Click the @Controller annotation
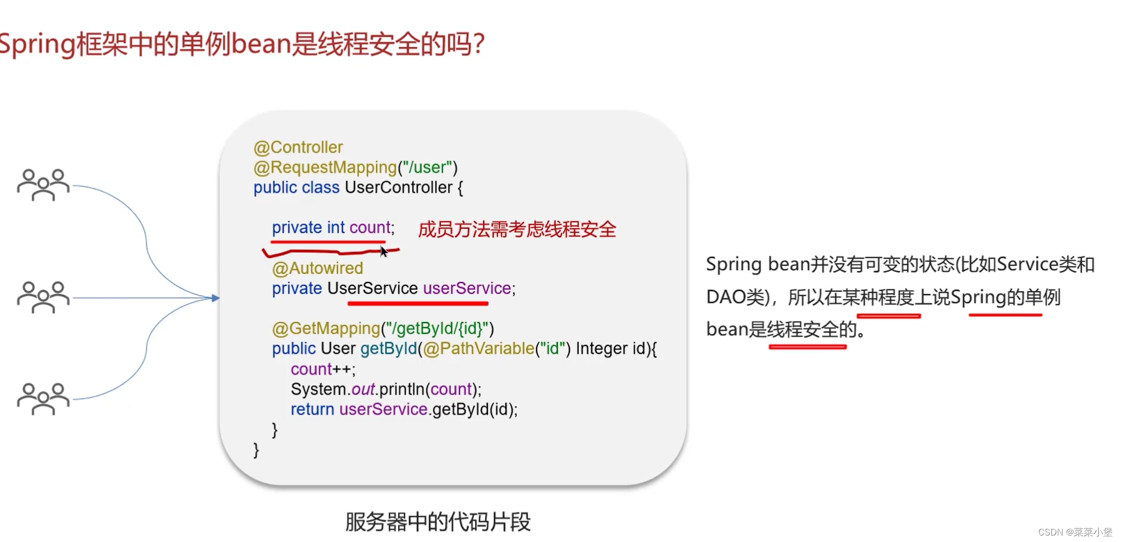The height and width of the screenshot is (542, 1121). point(298,147)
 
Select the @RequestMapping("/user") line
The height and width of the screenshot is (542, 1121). point(356,167)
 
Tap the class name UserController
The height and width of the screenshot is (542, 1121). point(398,188)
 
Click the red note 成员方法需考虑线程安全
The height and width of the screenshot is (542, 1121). point(517,229)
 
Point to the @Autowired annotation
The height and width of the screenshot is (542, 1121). point(318,268)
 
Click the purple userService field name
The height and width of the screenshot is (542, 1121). point(467,288)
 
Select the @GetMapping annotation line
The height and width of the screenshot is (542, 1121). point(383,328)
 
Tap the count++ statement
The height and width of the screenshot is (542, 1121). point(323,369)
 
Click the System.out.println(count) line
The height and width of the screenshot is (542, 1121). point(386,389)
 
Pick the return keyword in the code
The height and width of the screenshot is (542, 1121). point(312,409)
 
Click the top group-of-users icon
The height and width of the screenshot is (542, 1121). point(44,185)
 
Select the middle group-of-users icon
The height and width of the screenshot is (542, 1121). point(44,297)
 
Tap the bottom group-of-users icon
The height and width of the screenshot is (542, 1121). point(44,398)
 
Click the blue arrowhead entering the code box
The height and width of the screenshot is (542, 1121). point(216,298)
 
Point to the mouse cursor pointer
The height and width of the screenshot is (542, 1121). point(383,251)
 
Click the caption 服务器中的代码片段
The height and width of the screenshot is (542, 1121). point(438,522)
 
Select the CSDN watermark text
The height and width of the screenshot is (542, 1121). point(1075,532)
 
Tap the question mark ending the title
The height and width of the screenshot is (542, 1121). point(479,43)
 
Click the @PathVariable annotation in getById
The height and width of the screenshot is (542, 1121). point(479,348)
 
